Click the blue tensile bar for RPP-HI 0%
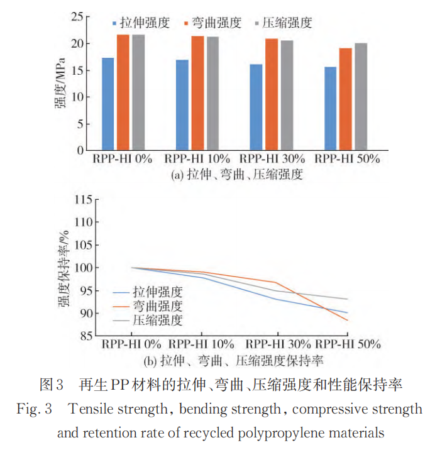point(107,104)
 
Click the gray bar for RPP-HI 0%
point(138,92)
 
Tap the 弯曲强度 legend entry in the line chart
point(157,306)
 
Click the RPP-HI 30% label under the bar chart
point(272,159)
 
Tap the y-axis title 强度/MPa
point(64,82)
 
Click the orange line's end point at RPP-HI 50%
point(347,320)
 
